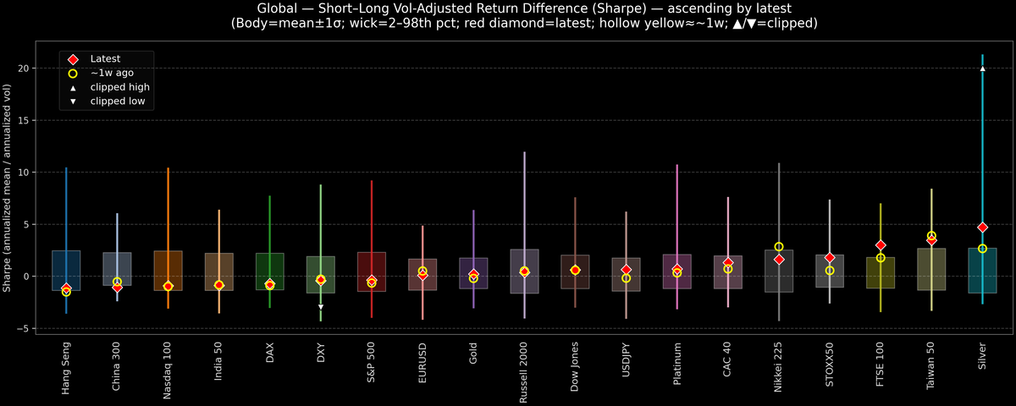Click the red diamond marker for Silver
click(x=982, y=228)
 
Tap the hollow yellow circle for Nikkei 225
click(x=779, y=247)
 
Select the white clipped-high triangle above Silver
click(x=982, y=69)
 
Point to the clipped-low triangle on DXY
click(x=320, y=307)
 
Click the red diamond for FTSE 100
click(x=881, y=245)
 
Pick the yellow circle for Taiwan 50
click(x=931, y=236)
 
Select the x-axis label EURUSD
click(x=422, y=365)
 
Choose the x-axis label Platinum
click(x=676, y=366)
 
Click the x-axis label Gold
click(x=473, y=359)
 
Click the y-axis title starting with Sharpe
click(x=8, y=189)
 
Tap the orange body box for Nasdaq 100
click(x=168, y=271)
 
